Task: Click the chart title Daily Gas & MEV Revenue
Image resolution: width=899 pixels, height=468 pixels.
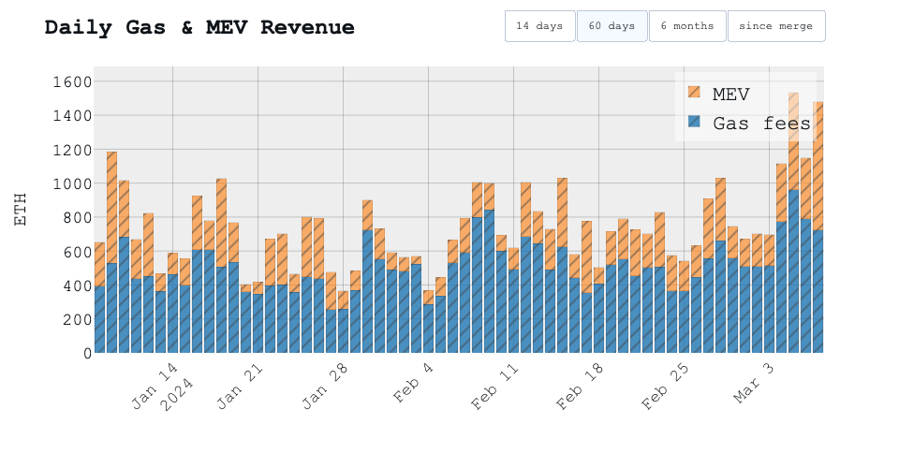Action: click(199, 27)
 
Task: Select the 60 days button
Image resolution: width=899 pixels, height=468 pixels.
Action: click(612, 26)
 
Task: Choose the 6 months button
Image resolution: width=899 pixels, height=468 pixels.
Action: click(686, 26)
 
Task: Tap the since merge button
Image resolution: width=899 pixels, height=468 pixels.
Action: click(775, 26)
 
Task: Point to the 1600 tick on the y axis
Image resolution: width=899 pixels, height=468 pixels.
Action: click(66, 82)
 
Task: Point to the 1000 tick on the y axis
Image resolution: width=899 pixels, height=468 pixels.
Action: click(66, 183)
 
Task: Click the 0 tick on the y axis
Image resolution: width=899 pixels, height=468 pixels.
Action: click(82, 353)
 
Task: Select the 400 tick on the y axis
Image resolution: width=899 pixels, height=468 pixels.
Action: click(70, 285)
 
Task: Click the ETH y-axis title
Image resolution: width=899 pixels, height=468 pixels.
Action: click(21, 210)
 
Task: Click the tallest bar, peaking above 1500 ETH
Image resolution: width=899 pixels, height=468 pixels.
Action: click(793, 234)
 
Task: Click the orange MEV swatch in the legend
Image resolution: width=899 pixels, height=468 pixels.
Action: click(694, 93)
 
